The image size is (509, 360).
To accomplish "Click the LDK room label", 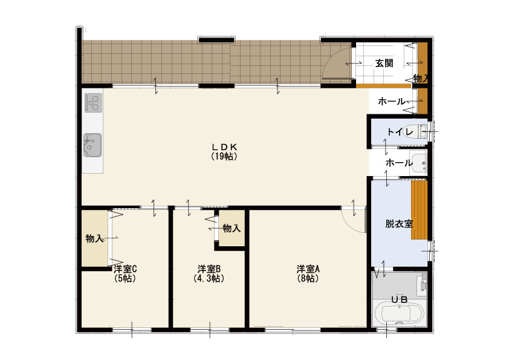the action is click(224, 147).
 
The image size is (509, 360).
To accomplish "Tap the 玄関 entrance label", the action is click(384, 63).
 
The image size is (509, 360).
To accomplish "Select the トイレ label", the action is click(400, 131).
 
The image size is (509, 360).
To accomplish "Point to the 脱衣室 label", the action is click(399, 224).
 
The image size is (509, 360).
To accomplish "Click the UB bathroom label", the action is click(399, 299).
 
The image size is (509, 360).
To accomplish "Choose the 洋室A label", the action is click(308, 269).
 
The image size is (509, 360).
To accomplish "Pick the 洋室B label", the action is click(209, 269).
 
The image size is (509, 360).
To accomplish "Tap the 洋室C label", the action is click(125, 269).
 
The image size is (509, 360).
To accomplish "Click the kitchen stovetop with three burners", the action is click(94, 103).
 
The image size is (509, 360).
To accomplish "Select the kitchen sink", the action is click(92, 145).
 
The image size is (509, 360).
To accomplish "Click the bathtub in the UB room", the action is click(399, 314).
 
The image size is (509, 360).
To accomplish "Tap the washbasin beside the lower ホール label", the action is click(418, 163).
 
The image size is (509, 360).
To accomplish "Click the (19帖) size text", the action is click(224, 156).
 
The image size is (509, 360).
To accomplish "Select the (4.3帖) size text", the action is click(209, 278).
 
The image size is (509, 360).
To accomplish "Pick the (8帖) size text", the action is click(308, 278).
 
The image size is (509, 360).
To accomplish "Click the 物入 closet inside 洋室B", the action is click(232, 229).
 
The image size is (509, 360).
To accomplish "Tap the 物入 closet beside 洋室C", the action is click(94, 239).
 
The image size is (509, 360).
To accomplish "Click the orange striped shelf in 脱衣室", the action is click(419, 210).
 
